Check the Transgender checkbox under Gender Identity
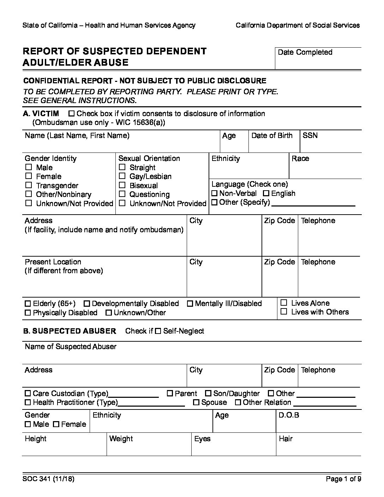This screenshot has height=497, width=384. [29, 185]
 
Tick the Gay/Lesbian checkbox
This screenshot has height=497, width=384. [122, 176]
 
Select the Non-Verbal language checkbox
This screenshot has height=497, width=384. [214, 193]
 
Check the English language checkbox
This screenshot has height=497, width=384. [266, 193]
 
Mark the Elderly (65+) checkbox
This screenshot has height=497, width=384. [28, 304]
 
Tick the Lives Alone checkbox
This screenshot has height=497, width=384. [284, 303]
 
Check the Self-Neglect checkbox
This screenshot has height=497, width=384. [158, 331]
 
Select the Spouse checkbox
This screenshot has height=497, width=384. [196, 402]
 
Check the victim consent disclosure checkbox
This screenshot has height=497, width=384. [72, 114]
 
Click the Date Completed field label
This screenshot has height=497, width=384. [305, 52]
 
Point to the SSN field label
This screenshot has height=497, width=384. [310, 136]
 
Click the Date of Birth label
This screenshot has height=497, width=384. [272, 136]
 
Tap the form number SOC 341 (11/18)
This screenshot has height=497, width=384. [48, 479]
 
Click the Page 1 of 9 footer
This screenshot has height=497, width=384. [343, 479]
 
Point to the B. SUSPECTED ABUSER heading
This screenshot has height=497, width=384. [70, 331]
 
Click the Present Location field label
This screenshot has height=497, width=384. [53, 262]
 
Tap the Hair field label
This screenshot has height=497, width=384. [286, 439]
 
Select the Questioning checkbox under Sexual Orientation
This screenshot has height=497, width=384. [122, 194]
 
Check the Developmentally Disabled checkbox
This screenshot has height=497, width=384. [87, 304]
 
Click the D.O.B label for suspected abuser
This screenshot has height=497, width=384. [289, 415]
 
